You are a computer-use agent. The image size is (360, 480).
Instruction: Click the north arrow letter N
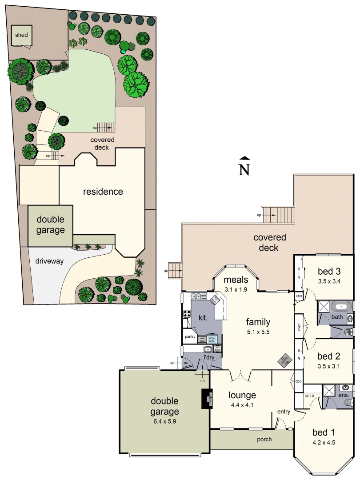[x=244, y=170]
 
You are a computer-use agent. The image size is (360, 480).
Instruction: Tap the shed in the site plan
[x=21, y=35]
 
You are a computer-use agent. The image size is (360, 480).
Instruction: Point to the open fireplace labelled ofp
[x=206, y=399]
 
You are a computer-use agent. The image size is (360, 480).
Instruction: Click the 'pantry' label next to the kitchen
[x=190, y=336]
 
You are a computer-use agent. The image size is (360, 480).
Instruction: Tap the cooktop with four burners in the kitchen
[x=186, y=314]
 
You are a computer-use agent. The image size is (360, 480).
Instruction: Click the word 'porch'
[x=264, y=439]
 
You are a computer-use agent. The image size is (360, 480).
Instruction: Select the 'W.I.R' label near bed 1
[x=310, y=396]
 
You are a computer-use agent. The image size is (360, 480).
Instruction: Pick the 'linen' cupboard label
[x=300, y=327]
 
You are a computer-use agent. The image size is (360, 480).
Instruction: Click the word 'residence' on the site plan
[x=103, y=192]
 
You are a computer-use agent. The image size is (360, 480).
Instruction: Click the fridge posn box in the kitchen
[x=212, y=338]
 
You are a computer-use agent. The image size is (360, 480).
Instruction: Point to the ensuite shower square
[x=330, y=390]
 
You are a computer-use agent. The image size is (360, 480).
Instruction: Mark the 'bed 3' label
[x=329, y=271]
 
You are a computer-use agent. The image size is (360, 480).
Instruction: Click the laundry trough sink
[x=208, y=349]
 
